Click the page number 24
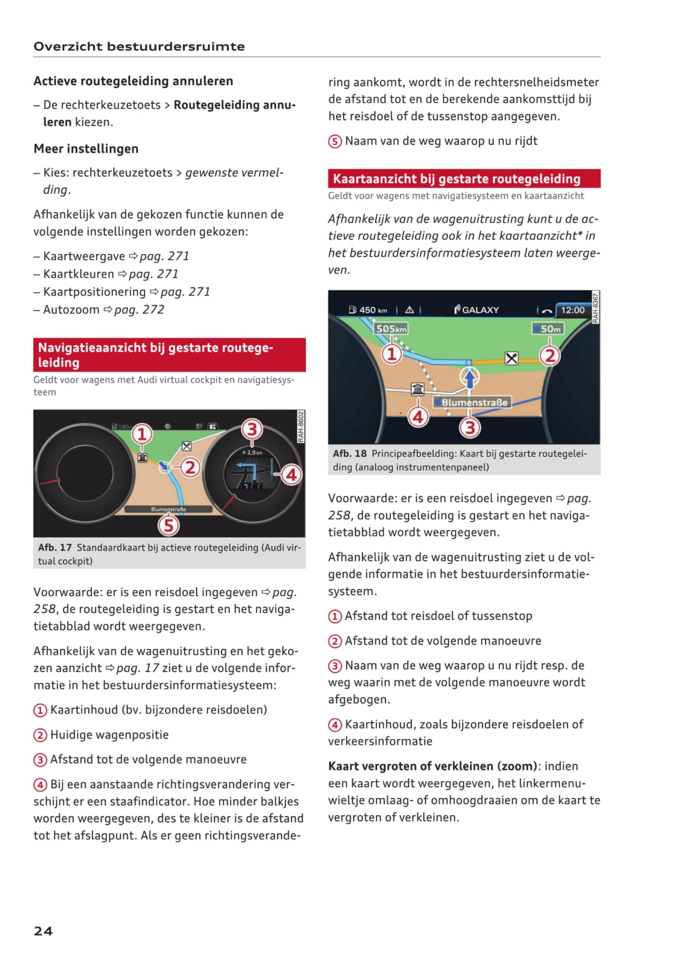click(x=43, y=931)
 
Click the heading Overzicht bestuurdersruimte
click(x=139, y=47)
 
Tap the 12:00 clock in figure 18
click(x=572, y=310)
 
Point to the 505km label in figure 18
click(x=391, y=329)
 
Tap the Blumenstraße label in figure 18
click(x=474, y=402)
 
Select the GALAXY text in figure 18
click(x=480, y=310)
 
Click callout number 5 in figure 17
click(x=169, y=525)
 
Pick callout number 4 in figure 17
click(x=291, y=475)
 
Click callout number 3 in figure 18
click(x=470, y=427)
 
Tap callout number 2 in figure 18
click(x=550, y=355)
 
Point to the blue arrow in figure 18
click(x=470, y=378)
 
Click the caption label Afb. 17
click(x=55, y=548)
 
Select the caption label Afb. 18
click(x=349, y=453)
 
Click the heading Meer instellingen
click(x=86, y=149)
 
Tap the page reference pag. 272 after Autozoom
click(x=139, y=309)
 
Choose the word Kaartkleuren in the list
click(x=78, y=274)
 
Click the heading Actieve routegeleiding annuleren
click(x=133, y=81)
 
